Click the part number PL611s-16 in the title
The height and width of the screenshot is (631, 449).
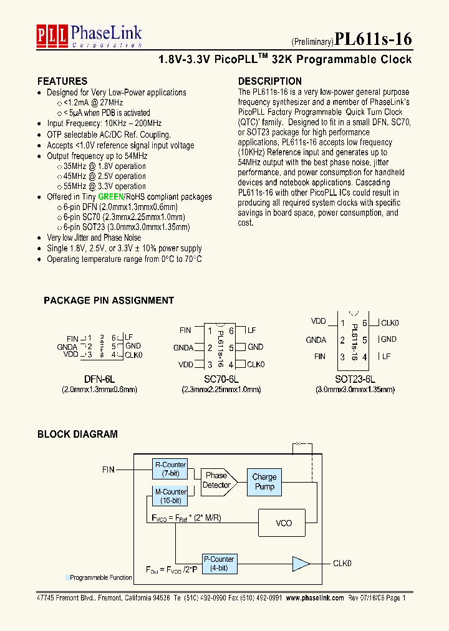[x=373, y=39]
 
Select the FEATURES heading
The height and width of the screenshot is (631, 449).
[x=62, y=81]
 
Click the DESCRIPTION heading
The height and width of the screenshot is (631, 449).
[x=270, y=81]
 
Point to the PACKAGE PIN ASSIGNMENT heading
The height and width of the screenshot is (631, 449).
[x=109, y=301]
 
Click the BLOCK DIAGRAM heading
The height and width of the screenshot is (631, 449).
[x=77, y=434]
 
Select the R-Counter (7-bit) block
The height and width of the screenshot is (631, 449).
[x=170, y=469]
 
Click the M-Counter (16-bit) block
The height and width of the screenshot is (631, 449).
[x=170, y=496]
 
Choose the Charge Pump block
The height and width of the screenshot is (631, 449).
[x=264, y=481]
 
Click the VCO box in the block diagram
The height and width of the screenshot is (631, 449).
[x=284, y=523]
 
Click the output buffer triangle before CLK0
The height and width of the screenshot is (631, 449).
[x=301, y=564]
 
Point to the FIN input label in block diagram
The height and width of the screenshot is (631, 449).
[x=109, y=470]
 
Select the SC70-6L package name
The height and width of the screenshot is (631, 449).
[x=222, y=378]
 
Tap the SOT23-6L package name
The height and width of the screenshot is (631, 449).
[x=354, y=378]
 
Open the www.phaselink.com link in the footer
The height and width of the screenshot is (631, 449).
[x=315, y=597]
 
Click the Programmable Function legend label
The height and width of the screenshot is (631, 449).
[x=100, y=578]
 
